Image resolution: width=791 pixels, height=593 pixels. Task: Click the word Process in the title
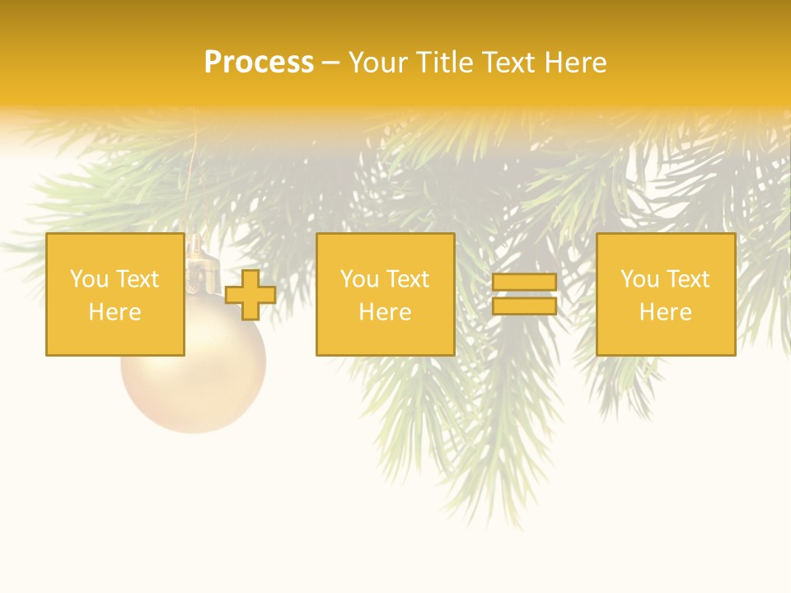[259, 63]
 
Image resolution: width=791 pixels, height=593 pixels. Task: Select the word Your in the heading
[378, 63]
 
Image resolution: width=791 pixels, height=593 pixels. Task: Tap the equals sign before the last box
[524, 294]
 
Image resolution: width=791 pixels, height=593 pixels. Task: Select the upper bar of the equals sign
[524, 282]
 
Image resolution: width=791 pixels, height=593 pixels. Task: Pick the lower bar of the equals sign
[524, 306]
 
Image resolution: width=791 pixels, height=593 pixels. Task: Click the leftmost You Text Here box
[115, 294]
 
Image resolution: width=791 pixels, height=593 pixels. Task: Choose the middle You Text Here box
[385, 294]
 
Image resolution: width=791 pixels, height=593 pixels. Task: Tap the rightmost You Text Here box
[665, 294]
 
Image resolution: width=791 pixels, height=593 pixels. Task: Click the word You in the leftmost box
[89, 279]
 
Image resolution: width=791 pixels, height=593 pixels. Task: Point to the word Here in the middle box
[385, 312]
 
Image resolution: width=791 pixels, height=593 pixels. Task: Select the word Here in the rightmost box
[665, 312]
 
